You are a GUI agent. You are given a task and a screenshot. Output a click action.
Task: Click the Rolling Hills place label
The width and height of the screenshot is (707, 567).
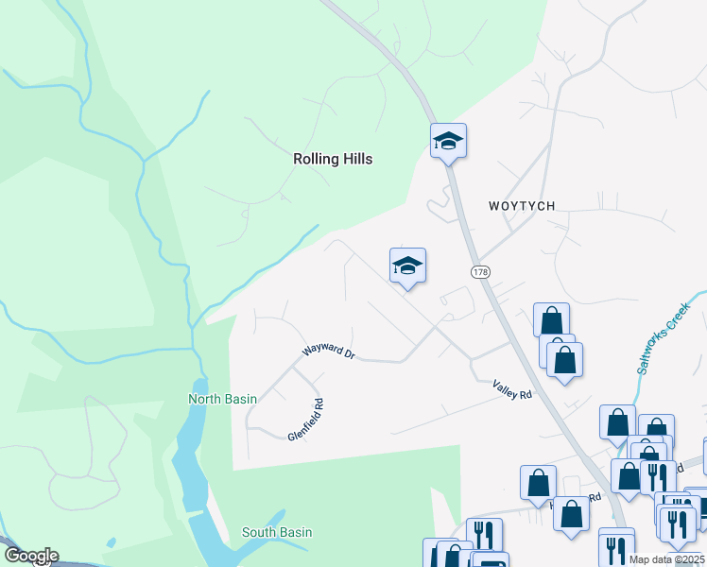(332, 159)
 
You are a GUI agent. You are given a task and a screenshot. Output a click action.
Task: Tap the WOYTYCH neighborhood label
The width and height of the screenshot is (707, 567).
(522, 205)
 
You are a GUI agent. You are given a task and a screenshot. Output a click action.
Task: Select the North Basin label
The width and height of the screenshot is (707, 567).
(222, 399)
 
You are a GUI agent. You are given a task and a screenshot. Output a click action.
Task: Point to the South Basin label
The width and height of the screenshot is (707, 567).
(277, 532)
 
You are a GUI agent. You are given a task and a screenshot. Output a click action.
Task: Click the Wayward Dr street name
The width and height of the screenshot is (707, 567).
(328, 354)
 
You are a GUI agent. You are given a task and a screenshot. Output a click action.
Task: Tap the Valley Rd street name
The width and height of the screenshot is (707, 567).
(512, 389)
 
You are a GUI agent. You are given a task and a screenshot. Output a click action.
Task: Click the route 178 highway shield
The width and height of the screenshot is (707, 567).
(480, 271)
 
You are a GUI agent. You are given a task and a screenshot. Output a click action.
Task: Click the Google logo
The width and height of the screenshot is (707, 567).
(30, 556)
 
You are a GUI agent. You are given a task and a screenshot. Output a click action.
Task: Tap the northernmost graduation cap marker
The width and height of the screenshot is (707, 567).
(448, 142)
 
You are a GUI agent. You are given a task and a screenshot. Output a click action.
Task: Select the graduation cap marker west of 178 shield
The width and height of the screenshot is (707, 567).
(407, 266)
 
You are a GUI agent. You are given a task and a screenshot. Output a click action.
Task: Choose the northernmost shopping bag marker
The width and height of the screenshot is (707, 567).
(551, 320)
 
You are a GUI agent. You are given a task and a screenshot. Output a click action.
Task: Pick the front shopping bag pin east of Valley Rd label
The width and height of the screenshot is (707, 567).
(564, 359)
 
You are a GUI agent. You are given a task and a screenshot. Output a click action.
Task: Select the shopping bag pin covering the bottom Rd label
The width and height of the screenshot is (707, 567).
(571, 514)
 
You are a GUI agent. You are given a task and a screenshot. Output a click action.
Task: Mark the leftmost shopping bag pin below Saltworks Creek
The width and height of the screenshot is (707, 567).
(617, 423)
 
